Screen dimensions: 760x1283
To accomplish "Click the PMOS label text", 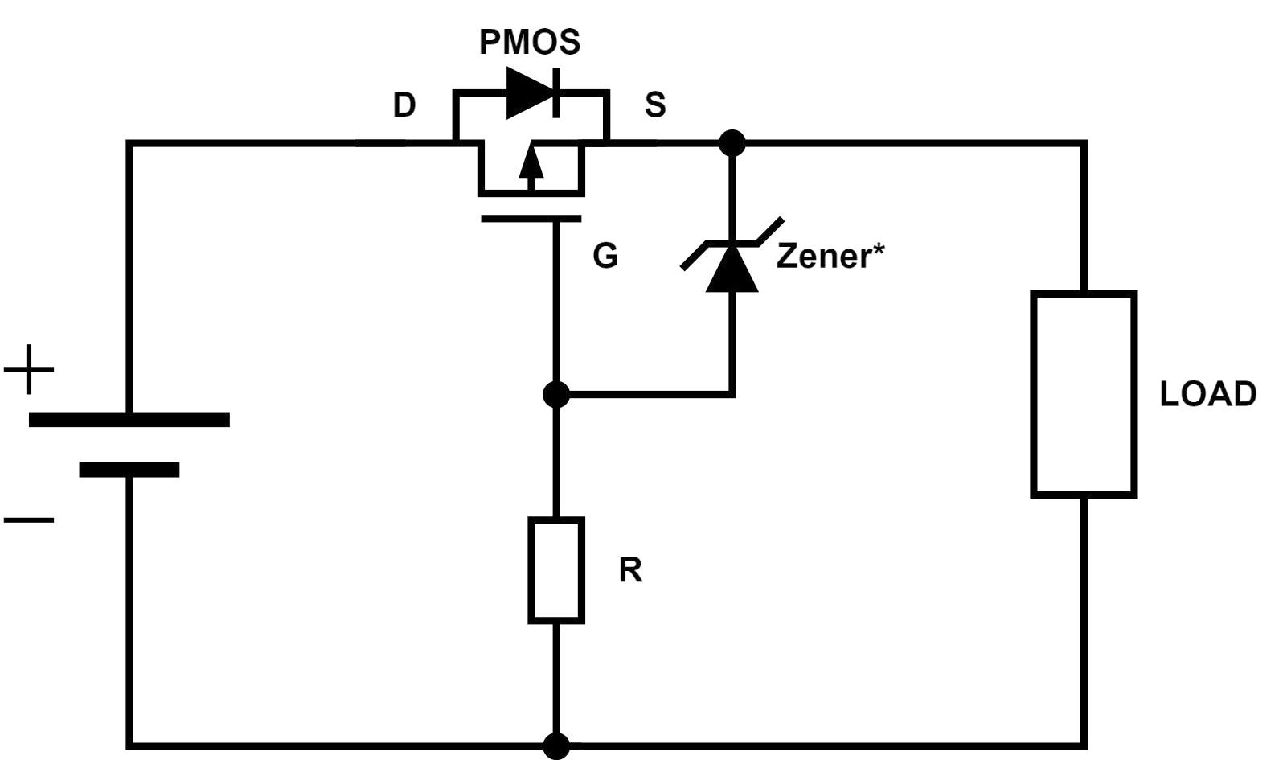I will pyautogui.click(x=529, y=42).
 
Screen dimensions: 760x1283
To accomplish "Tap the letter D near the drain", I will pyautogui.click(x=404, y=105).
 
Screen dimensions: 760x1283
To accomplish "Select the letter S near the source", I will pyautogui.click(x=655, y=105).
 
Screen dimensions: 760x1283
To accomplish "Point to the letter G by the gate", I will pyautogui.click(x=605, y=256).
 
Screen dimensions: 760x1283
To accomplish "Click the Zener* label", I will pyautogui.click(x=830, y=256).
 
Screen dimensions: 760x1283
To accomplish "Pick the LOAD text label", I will pyautogui.click(x=1207, y=394).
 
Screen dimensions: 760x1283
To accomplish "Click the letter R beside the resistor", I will pyautogui.click(x=630, y=570).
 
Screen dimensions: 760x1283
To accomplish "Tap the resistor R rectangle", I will pyautogui.click(x=556, y=570).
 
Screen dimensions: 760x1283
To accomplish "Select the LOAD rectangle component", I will pyautogui.click(x=1084, y=394).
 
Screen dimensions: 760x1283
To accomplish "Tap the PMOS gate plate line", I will pyautogui.click(x=531, y=218).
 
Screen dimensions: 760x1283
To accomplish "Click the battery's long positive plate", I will pyautogui.click(x=129, y=419).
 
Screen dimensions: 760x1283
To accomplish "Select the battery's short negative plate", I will pyautogui.click(x=129, y=470).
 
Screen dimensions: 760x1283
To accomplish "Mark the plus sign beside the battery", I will pyautogui.click(x=29, y=369).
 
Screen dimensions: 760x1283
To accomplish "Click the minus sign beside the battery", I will pyautogui.click(x=29, y=520).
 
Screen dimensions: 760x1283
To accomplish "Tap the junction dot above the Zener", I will pyautogui.click(x=732, y=143).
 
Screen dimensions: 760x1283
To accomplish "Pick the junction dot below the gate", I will pyautogui.click(x=556, y=395).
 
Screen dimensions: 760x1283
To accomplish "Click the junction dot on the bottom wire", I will pyautogui.click(x=556, y=746).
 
